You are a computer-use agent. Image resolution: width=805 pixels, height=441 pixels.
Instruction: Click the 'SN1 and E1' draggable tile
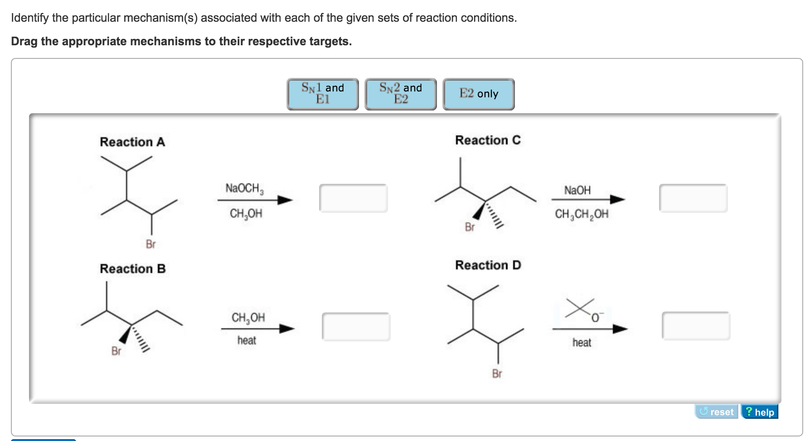click(322, 94)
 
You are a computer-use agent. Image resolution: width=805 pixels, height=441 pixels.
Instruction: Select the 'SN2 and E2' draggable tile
click(400, 94)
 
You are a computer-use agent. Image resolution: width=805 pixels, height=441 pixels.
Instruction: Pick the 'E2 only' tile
click(478, 94)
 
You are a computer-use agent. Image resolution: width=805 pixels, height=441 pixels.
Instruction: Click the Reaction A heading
click(132, 142)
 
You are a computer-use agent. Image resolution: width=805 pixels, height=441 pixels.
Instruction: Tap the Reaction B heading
click(133, 269)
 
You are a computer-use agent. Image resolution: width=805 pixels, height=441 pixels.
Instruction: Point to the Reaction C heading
click(488, 140)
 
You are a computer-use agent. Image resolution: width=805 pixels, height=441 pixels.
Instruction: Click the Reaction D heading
click(488, 265)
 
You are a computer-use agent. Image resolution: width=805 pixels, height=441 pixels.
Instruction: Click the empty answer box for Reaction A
click(353, 198)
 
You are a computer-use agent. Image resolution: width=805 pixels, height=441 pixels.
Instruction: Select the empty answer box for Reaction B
click(356, 326)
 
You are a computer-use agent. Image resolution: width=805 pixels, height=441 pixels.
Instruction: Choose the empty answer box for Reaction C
click(693, 198)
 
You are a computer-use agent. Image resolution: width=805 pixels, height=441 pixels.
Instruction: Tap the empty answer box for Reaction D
click(696, 326)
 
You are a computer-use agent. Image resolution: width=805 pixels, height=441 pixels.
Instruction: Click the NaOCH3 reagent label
click(244, 188)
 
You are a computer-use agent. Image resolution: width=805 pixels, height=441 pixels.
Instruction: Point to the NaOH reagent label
click(577, 190)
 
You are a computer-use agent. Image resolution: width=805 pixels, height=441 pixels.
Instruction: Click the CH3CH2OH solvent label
click(582, 214)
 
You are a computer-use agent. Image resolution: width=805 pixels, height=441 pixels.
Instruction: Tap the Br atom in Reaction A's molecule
click(150, 244)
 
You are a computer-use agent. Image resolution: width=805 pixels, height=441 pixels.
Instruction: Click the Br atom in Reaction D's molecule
click(497, 374)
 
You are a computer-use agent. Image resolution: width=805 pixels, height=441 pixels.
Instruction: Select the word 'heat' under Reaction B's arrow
click(247, 340)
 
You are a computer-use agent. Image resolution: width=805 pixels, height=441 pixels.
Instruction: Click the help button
click(759, 412)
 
